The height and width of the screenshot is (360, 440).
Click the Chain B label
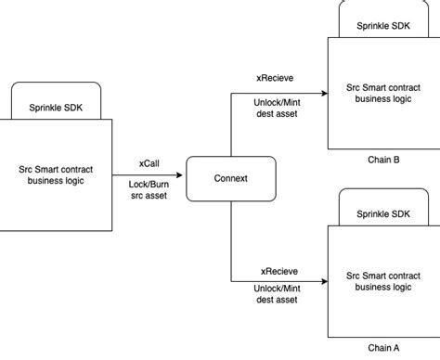click(383, 160)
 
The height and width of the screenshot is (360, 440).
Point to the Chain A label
click(383, 348)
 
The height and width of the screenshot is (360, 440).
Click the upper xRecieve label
click(278, 80)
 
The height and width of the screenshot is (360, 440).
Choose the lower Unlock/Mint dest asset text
click(278, 294)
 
